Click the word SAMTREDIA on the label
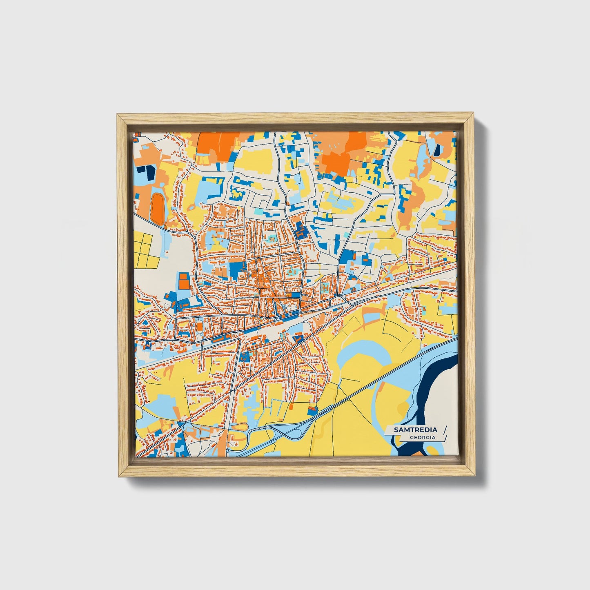[415, 430]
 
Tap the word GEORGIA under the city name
[423, 437]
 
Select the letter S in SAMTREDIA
[396, 430]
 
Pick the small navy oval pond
[437, 150]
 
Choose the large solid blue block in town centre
[236, 269]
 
